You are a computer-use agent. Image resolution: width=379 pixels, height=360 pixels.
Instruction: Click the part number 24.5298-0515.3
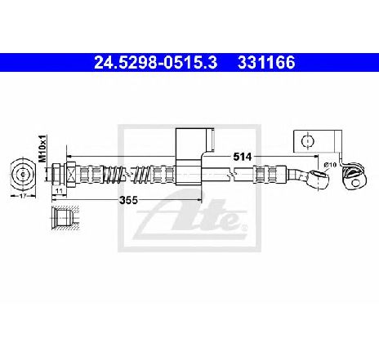coord(156,63)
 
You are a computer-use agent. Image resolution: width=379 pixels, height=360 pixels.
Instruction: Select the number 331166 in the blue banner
coord(266,63)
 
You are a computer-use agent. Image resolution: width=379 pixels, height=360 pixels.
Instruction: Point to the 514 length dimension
coord(243,157)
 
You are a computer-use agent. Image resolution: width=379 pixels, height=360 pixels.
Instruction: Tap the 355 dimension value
coord(129,200)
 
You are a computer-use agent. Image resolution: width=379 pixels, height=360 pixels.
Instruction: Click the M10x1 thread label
coord(42,149)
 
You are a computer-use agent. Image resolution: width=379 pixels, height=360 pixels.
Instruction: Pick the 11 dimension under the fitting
coord(59,191)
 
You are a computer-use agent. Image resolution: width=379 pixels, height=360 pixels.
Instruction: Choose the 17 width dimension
coord(23,195)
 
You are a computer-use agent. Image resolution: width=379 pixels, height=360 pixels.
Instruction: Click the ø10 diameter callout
coord(330,165)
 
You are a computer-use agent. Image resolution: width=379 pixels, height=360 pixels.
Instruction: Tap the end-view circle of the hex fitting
coord(23,174)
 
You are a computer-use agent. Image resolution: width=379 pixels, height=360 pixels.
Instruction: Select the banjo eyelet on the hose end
coord(319,177)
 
